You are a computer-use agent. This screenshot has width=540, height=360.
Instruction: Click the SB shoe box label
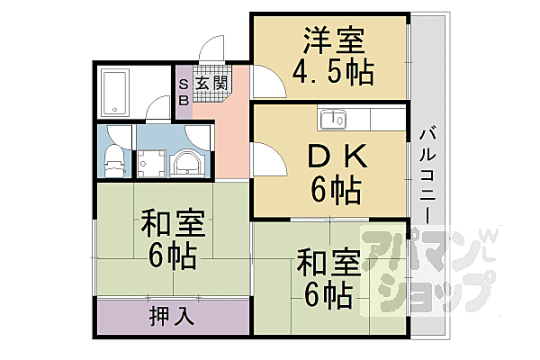184,92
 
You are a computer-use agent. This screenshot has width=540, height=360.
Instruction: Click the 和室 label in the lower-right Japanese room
328,264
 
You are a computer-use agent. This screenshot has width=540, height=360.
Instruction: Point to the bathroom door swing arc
157,109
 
